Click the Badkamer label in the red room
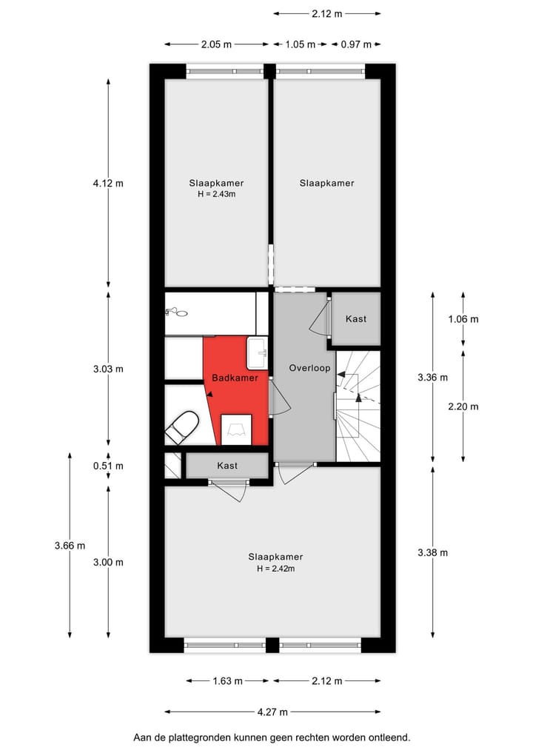[235, 378]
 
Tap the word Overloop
[309, 367]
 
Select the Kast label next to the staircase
[356, 319]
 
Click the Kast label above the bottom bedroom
[227, 466]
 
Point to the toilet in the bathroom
[182, 428]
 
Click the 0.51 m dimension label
[108, 466]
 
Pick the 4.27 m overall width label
[272, 712]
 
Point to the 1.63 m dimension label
[228, 680]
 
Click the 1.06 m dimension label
[463, 319]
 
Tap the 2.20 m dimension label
[463, 406]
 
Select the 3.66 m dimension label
[70, 546]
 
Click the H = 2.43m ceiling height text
[216, 195]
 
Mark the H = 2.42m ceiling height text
[275, 569]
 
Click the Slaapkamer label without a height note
[326, 183]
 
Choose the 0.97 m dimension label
[356, 44]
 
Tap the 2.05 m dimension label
[215, 44]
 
